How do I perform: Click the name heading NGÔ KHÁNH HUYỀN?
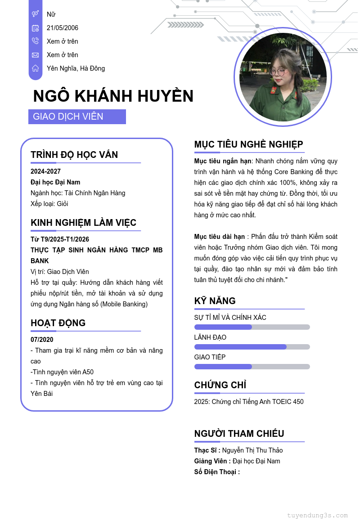(x=113, y=96)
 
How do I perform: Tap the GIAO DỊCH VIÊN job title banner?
(x=77, y=117)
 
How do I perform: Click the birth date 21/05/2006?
(x=63, y=28)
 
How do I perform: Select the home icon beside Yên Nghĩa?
(x=36, y=68)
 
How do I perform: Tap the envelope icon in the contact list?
(x=36, y=55)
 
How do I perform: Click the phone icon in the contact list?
(x=36, y=41)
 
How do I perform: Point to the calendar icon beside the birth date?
(x=36, y=28)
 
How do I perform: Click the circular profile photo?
(x=283, y=77)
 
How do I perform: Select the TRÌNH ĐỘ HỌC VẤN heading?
(x=74, y=155)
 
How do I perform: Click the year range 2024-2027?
(x=45, y=171)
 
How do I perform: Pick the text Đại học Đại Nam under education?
(x=55, y=182)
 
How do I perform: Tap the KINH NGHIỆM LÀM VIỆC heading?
(x=83, y=223)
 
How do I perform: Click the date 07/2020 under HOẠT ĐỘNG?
(x=42, y=340)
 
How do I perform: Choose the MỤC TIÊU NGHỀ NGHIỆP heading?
(x=249, y=144)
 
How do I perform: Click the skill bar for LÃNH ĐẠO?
(x=252, y=347)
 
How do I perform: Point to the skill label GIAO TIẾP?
(x=210, y=357)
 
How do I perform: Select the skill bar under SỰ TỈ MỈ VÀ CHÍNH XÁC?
(x=252, y=327)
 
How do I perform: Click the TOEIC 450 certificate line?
(x=249, y=402)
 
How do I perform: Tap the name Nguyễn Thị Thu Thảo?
(x=252, y=450)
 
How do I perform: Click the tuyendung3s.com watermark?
(x=317, y=516)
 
